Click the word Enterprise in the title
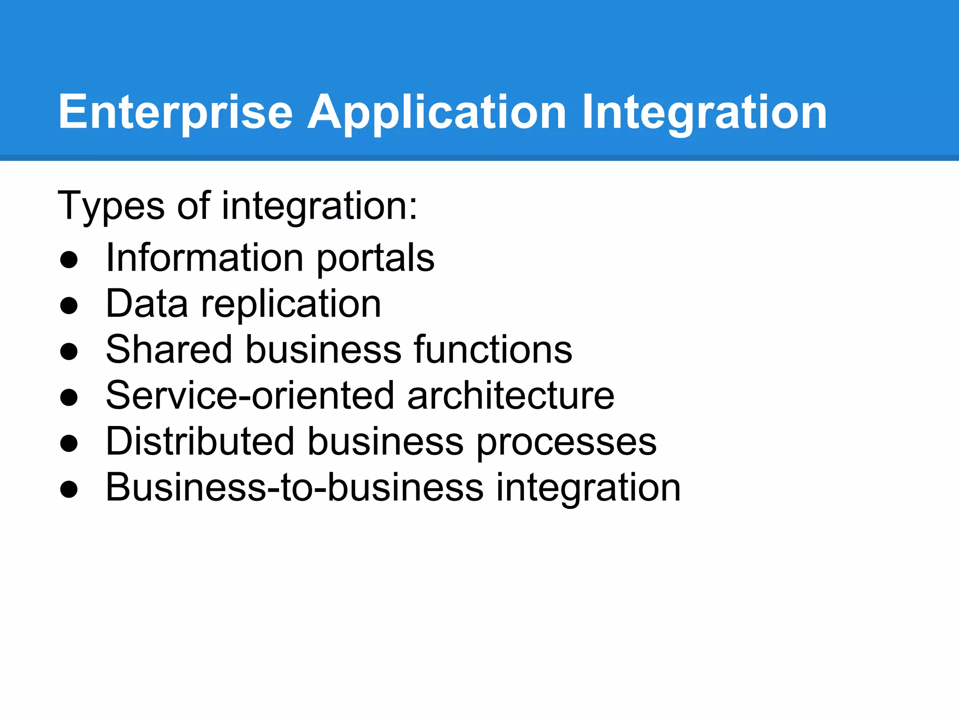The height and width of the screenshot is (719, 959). [x=175, y=112]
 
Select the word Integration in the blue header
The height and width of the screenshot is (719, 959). [x=704, y=112]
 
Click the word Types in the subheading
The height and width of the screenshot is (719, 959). [x=111, y=206]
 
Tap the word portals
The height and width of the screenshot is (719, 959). [x=376, y=258]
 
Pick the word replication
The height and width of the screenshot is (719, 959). [x=291, y=304]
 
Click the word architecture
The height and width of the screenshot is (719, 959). [x=510, y=396]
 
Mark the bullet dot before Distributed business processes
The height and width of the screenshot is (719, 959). [x=69, y=444]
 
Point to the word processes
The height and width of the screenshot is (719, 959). [x=567, y=443]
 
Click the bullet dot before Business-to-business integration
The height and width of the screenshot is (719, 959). [x=69, y=490]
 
